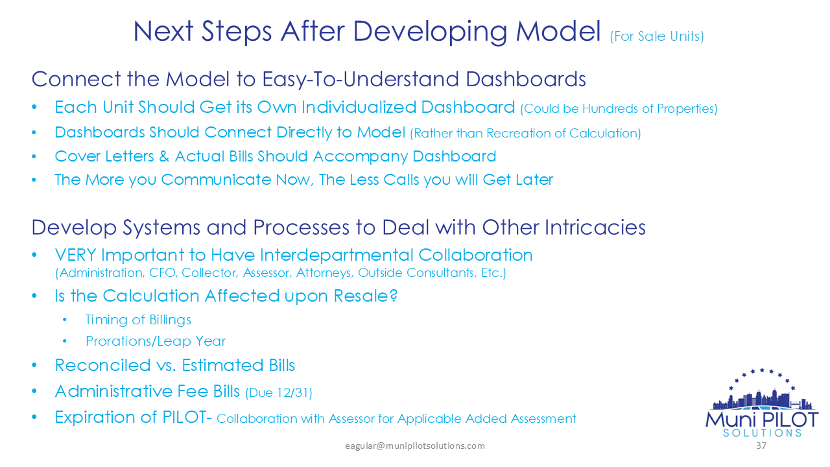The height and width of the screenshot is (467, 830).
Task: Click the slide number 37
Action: [761, 446]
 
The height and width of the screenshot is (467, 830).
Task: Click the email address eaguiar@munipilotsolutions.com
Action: [414, 446]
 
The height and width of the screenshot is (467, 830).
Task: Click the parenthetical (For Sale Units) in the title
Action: [656, 36]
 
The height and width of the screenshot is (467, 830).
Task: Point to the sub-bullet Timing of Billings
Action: [138, 320]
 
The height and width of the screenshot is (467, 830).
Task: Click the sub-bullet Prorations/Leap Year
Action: [156, 341]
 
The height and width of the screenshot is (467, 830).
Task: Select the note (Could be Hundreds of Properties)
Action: [619, 108]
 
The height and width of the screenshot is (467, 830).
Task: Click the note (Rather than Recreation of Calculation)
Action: [525, 134]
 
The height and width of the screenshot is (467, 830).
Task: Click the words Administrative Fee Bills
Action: [147, 392]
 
